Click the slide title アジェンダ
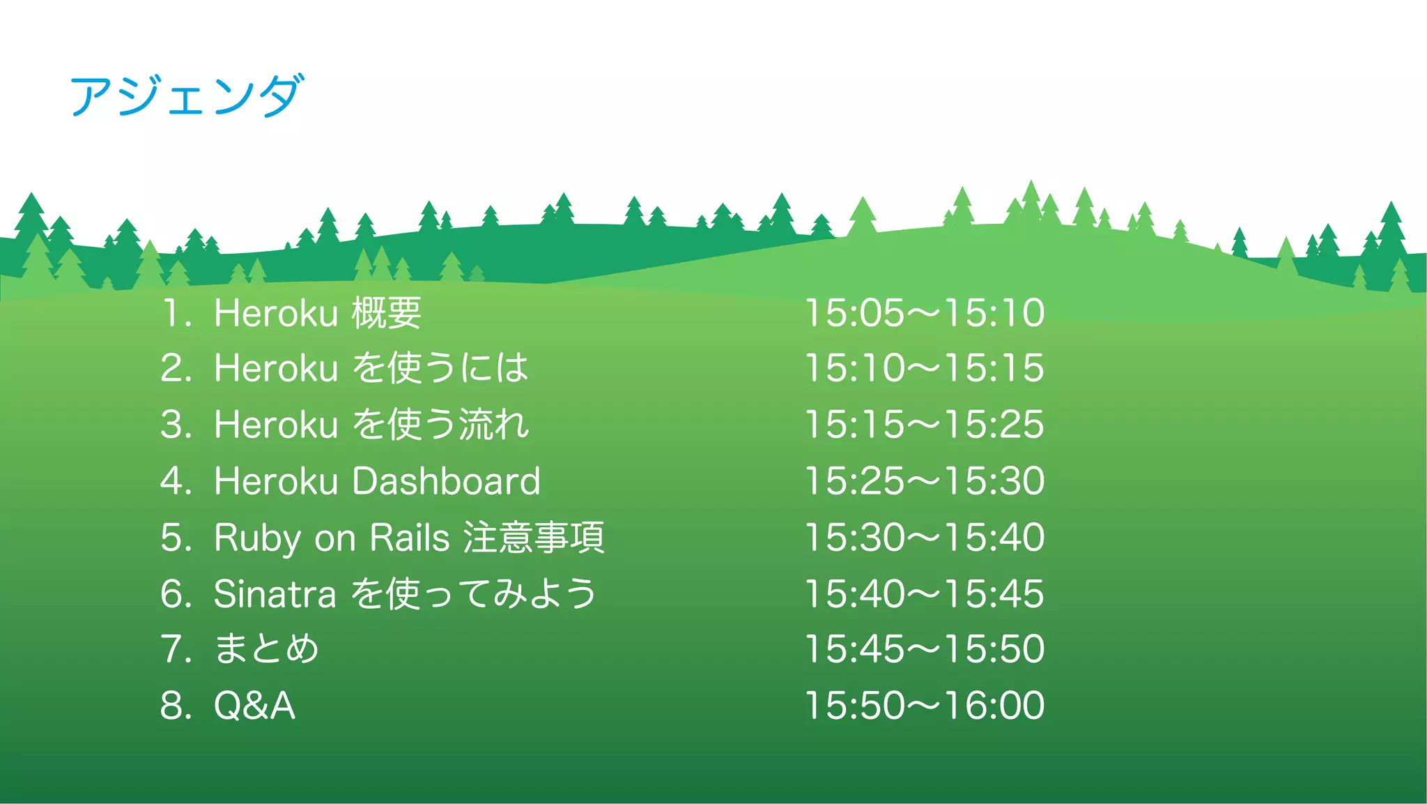tap(187, 96)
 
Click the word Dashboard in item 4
tap(446, 481)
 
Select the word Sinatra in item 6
tap(275, 594)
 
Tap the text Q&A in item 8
tap(254, 706)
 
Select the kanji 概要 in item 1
tap(386, 312)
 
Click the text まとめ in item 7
tap(266, 648)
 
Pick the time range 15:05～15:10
tap(924, 312)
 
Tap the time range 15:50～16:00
tap(924, 706)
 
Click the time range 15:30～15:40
tap(924, 538)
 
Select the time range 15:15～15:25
tap(924, 425)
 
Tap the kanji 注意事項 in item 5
tap(534, 538)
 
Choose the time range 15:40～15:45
tap(924, 594)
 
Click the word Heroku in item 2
tap(275, 368)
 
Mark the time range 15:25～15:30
tap(924, 481)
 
